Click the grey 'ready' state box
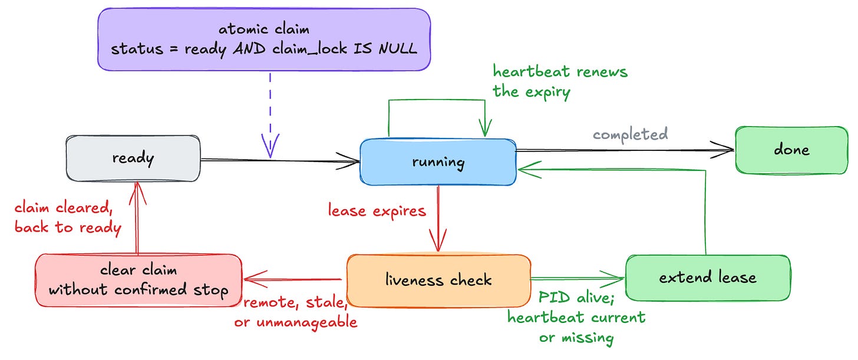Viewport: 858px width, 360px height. point(133,158)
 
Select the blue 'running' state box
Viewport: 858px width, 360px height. point(438,162)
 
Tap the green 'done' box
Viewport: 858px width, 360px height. point(792,150)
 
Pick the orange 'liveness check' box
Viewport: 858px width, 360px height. point(438,280)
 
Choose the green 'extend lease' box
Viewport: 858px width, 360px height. point(708,278)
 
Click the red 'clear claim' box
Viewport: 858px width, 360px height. point(138,280)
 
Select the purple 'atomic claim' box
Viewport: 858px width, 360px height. point(264,39)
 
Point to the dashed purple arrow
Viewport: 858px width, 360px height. point(270,115)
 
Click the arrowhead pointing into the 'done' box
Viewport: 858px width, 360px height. point(724,150)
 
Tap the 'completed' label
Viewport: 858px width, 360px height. point(631,134)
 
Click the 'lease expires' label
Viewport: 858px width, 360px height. point(377,211)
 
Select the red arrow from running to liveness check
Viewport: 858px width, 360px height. point(438,218)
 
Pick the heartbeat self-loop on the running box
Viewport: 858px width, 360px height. point(437,100)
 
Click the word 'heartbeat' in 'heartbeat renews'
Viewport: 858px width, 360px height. point(532,72)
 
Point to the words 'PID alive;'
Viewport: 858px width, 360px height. point(576,298)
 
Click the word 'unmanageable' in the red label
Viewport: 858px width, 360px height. point(307,322)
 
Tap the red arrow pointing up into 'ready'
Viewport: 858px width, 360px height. point(137,217)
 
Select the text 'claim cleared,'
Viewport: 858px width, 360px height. point(64,208)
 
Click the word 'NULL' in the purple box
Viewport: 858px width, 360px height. point(398,49)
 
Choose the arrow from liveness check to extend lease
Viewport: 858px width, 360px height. point(577,279)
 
